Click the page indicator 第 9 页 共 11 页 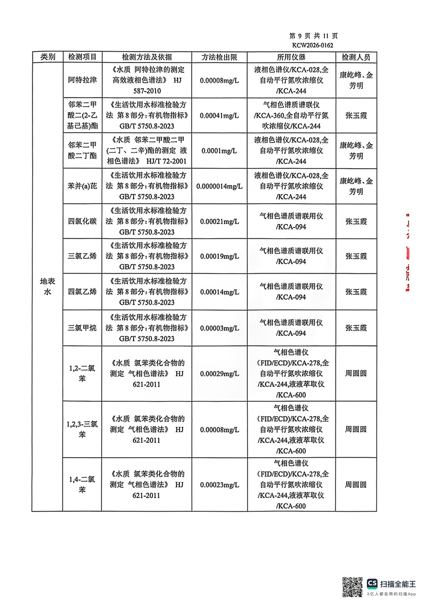tap(314, 36)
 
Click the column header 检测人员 tap(356, 57)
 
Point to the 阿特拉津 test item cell tap(82, 80)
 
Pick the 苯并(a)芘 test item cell tap(82, 186)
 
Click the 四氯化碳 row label tap(82, 222)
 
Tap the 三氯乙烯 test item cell tap(82, 257)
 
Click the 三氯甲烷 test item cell tap(82, 327)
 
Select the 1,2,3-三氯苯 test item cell tap(82, 429)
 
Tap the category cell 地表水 tap(47, 286)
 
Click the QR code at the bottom tap(353, 586)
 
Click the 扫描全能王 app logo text tap(398, 583)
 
